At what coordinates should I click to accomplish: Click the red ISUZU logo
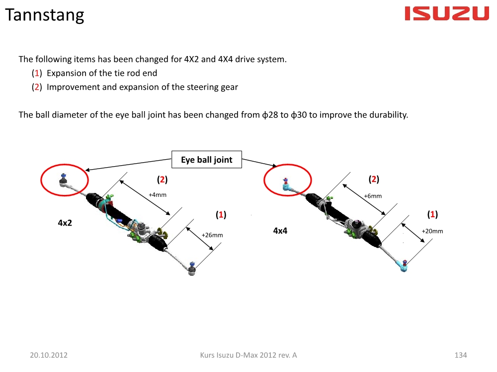447,13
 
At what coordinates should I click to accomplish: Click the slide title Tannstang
45,15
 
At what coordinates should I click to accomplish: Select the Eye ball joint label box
207,159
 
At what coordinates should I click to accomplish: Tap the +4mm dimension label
158,195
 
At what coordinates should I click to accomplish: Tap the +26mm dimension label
212,235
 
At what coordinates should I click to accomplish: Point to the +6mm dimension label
373,196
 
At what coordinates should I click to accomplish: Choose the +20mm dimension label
432,231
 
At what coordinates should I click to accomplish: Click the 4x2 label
65,223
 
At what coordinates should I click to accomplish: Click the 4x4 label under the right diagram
280,231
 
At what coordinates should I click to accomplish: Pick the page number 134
461,355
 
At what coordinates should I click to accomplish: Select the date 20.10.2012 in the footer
49,355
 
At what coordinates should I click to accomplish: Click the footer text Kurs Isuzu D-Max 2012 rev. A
248,355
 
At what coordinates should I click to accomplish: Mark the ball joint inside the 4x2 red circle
64,180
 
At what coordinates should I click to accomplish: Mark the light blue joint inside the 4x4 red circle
286,185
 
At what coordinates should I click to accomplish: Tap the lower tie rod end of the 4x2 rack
192,269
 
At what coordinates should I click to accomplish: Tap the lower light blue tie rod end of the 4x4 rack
404,266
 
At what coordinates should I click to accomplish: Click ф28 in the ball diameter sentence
270,115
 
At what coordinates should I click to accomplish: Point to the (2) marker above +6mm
374,179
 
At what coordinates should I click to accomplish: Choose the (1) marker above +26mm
221,214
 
